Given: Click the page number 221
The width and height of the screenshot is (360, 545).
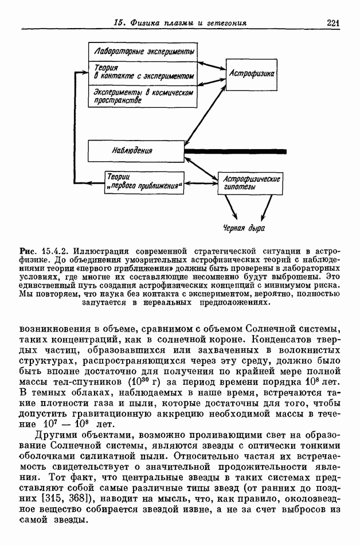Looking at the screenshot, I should (334, 23).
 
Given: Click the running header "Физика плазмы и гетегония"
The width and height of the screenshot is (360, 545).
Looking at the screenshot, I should (189, 23).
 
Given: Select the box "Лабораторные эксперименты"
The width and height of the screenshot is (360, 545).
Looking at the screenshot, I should (143, 52).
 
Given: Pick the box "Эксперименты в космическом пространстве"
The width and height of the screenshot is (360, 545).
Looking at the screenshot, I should (143, 96).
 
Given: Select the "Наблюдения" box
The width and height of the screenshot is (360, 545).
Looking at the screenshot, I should (135, 151).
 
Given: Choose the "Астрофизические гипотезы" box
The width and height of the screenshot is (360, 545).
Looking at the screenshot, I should (251, 183).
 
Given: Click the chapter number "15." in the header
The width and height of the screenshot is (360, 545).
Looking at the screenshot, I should (120, 23).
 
